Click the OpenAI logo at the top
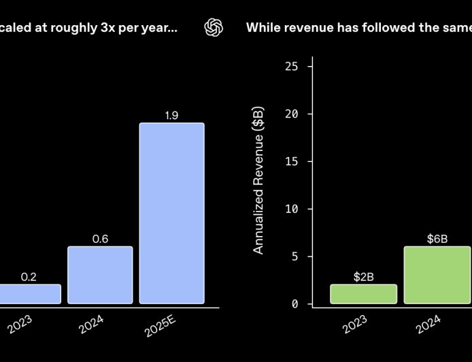coord(214,28)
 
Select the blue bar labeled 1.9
coord(171,213)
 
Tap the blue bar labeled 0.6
coord(100,275)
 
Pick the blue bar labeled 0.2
coord(29,294)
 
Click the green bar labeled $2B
coord(363,294)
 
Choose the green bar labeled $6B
coord(437,275)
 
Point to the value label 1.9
coord(171,116)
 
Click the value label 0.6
coord(100,239)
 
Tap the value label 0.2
coord(29,277)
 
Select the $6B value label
coord(437,239)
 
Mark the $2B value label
coord(363,277)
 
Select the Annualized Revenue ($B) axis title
coord(258,180)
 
